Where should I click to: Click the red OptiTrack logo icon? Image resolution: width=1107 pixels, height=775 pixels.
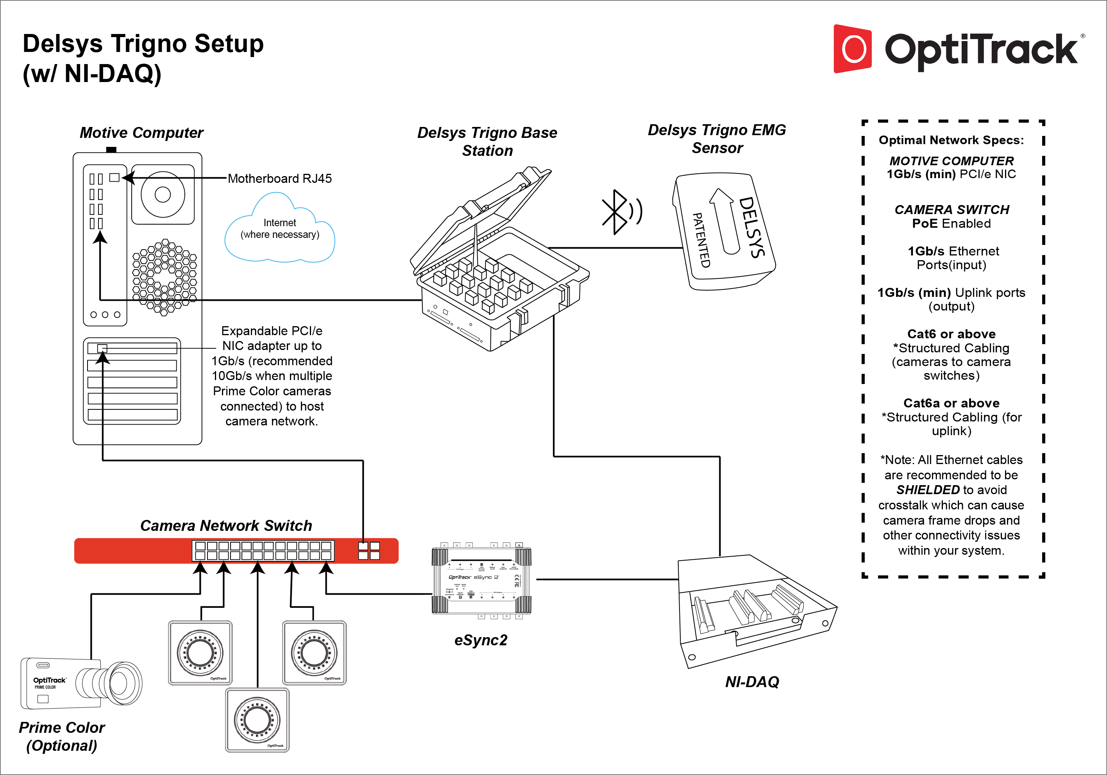tap(853, 49)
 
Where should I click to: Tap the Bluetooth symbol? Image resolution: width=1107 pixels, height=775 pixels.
tap(614, 212)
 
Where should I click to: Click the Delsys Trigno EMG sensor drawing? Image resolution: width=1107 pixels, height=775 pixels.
tap(723, 232)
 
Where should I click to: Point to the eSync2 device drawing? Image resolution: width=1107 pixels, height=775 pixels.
tap(481, 580)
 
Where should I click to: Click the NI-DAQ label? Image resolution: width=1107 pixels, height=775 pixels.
tap(752, 682)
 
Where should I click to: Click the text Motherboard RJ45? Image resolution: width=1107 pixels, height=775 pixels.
tap(280, 179)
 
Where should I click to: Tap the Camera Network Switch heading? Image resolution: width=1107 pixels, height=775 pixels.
tap(226, 525)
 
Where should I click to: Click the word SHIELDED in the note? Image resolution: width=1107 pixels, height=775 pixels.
tap(928, 490)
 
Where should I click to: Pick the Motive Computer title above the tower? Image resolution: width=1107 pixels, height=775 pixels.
tap(141, 132)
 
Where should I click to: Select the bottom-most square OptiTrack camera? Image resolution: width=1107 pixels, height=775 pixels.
tap(257, 720)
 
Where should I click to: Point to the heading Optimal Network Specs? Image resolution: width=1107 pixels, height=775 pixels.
tap(951, 140)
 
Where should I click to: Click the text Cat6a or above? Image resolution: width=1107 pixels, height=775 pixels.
tap(951, 403)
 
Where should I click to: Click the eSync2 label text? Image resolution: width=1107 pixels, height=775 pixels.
tap(481, 640)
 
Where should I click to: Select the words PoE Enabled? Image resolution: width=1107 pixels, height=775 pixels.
tap(951, 223)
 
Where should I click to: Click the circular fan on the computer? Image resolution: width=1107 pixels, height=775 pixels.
tap(163, 195)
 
